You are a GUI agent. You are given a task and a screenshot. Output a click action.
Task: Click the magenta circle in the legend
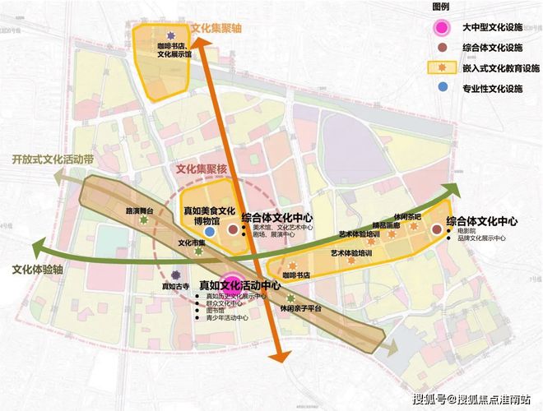(442, 27)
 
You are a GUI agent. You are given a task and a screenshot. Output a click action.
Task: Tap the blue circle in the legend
(442, 86)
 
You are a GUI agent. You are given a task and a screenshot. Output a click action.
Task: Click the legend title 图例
(442, 7)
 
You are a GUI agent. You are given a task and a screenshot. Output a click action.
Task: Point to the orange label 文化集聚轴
(216, 27)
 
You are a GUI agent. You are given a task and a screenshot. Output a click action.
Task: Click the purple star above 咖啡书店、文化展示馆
(171, 35)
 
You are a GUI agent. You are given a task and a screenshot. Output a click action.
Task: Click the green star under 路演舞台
(145, 219)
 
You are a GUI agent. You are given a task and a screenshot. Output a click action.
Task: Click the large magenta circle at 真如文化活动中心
(231, 284)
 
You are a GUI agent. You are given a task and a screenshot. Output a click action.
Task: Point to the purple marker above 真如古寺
(175, 275)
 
